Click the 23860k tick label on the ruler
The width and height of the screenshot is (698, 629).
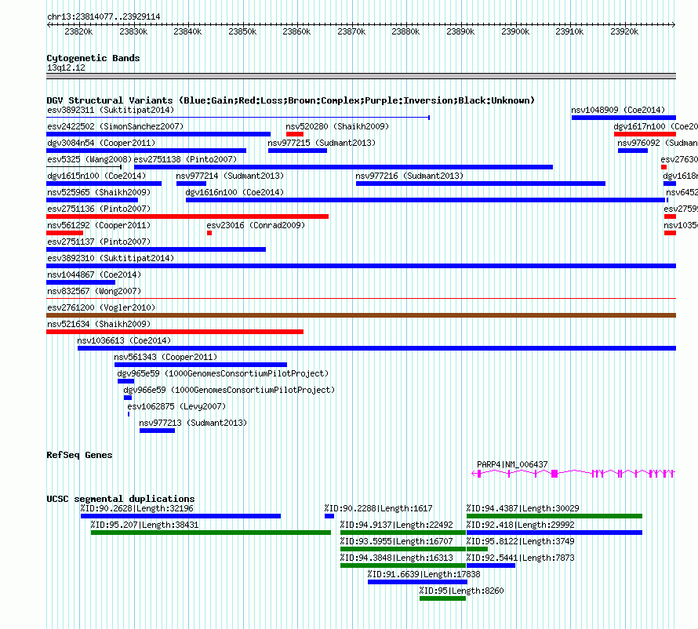[x=296, y=32]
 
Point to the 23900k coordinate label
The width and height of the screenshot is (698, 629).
[x=515, y=32]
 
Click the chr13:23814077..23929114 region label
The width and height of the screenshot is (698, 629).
[x=104, y=16]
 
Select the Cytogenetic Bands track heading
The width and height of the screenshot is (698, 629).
[x=93, y=58]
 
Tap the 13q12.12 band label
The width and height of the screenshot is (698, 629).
[x=66, y=67]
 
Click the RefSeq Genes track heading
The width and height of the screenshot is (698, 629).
[x=79, y=455]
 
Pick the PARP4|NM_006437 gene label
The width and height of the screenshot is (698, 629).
[x=512, y=464]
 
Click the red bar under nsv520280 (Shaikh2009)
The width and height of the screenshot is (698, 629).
[x=294, y=134]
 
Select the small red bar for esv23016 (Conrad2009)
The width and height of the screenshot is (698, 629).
[x=209, y=233]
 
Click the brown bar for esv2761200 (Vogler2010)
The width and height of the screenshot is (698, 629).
[x=361, y=315]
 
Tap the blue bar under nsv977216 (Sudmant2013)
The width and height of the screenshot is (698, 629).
[x=480, y=184]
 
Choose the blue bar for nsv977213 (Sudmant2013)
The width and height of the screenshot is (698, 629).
[x=157, y=431]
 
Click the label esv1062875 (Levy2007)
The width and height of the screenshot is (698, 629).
[x=176, y=406]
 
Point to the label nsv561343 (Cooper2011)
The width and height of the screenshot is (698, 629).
[x=165, y=357]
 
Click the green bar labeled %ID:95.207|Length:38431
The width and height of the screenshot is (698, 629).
[x=210, y=533]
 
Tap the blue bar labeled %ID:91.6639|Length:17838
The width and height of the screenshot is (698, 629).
[x=416, y=582]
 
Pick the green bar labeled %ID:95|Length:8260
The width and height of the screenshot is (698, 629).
[x=442, y=598]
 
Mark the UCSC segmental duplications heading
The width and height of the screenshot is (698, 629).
[x=120, y=499]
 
